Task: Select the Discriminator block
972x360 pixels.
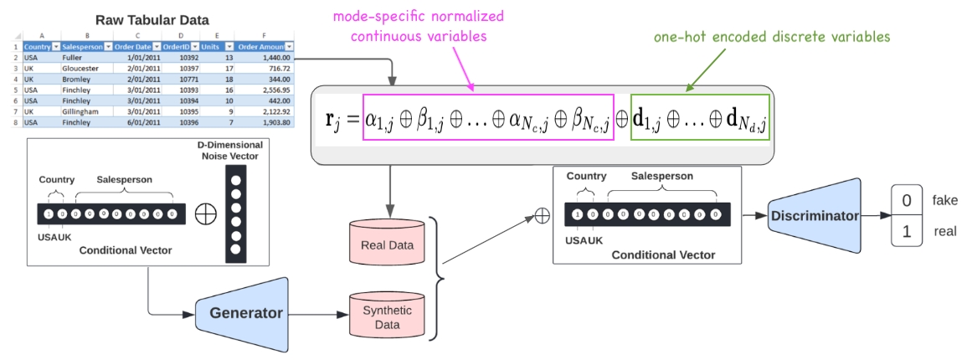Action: tap(813, 216)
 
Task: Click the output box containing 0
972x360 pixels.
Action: tap(907, 200)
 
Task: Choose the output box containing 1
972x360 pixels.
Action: tap(907, 232)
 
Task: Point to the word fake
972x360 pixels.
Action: tap(944, 200)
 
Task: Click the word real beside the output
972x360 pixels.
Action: tap(944, 232)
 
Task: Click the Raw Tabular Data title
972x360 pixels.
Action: tap(152, 19)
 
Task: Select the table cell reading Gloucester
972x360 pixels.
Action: tap(81, 68)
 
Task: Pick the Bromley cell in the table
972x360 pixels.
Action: tap(77, 79)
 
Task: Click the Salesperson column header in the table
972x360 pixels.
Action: tap(82, 47)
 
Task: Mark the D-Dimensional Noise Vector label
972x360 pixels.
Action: tap(230, 151)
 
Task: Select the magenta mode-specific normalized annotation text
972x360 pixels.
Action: tap(419, 26)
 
